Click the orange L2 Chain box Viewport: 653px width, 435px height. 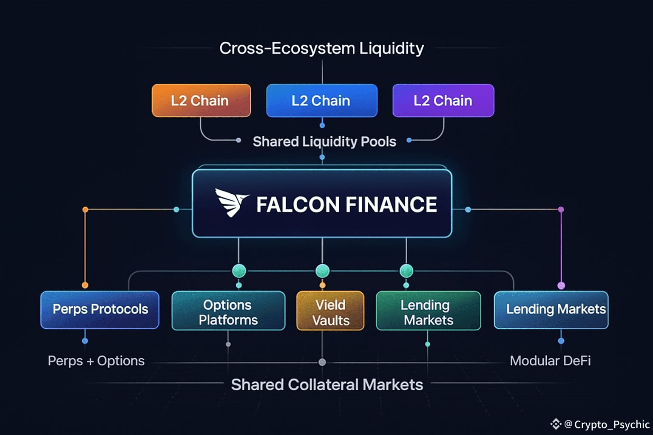(201, 101)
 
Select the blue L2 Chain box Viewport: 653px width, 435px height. (322, 101)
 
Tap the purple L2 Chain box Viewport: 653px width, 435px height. (443, 101)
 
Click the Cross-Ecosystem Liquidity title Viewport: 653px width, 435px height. (321, 48)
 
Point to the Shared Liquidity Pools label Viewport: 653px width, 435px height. (324, 142)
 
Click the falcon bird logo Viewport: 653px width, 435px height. (232, 203)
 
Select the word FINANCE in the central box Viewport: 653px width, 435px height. (391, 204)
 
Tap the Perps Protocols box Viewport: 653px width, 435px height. (100, 310)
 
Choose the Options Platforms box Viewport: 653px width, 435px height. (228, 311)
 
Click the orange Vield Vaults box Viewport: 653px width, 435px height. (330, 311)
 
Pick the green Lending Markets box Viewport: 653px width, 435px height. (428, 311)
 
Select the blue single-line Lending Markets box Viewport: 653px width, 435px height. (551, 310)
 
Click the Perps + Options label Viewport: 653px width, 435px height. (96, 361)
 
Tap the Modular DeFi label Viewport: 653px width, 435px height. (550, 361)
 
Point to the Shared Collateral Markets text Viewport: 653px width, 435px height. (327, 384)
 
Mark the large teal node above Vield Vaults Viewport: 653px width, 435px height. (322, 271)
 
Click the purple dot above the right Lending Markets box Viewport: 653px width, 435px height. (561, 285)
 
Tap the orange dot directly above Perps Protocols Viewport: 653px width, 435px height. (85, 285)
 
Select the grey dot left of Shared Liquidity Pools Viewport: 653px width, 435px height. (238, 141)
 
